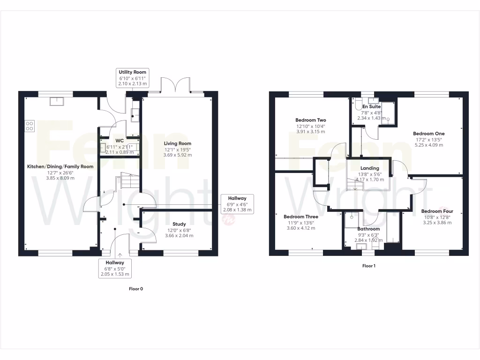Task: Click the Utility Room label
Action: tap(133, 72)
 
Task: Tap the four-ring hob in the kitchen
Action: tap(30, 126)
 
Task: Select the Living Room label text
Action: tap(177, 143)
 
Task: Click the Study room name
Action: tap(179, 224)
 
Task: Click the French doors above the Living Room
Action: tap(175, 85)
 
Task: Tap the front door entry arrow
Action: tap(120, 255)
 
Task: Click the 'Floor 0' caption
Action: tap(136, 289)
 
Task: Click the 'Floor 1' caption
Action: tap(369, 266)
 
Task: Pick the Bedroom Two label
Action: tap(310, 120)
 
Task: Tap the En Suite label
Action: tap(371, 107)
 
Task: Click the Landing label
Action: tap(369, 168)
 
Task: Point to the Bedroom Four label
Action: tap(437, 211)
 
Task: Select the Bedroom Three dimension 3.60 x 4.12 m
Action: tap(300, 228)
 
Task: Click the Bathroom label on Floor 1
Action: tap(368, 229)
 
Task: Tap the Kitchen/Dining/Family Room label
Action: tap(60, 166)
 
